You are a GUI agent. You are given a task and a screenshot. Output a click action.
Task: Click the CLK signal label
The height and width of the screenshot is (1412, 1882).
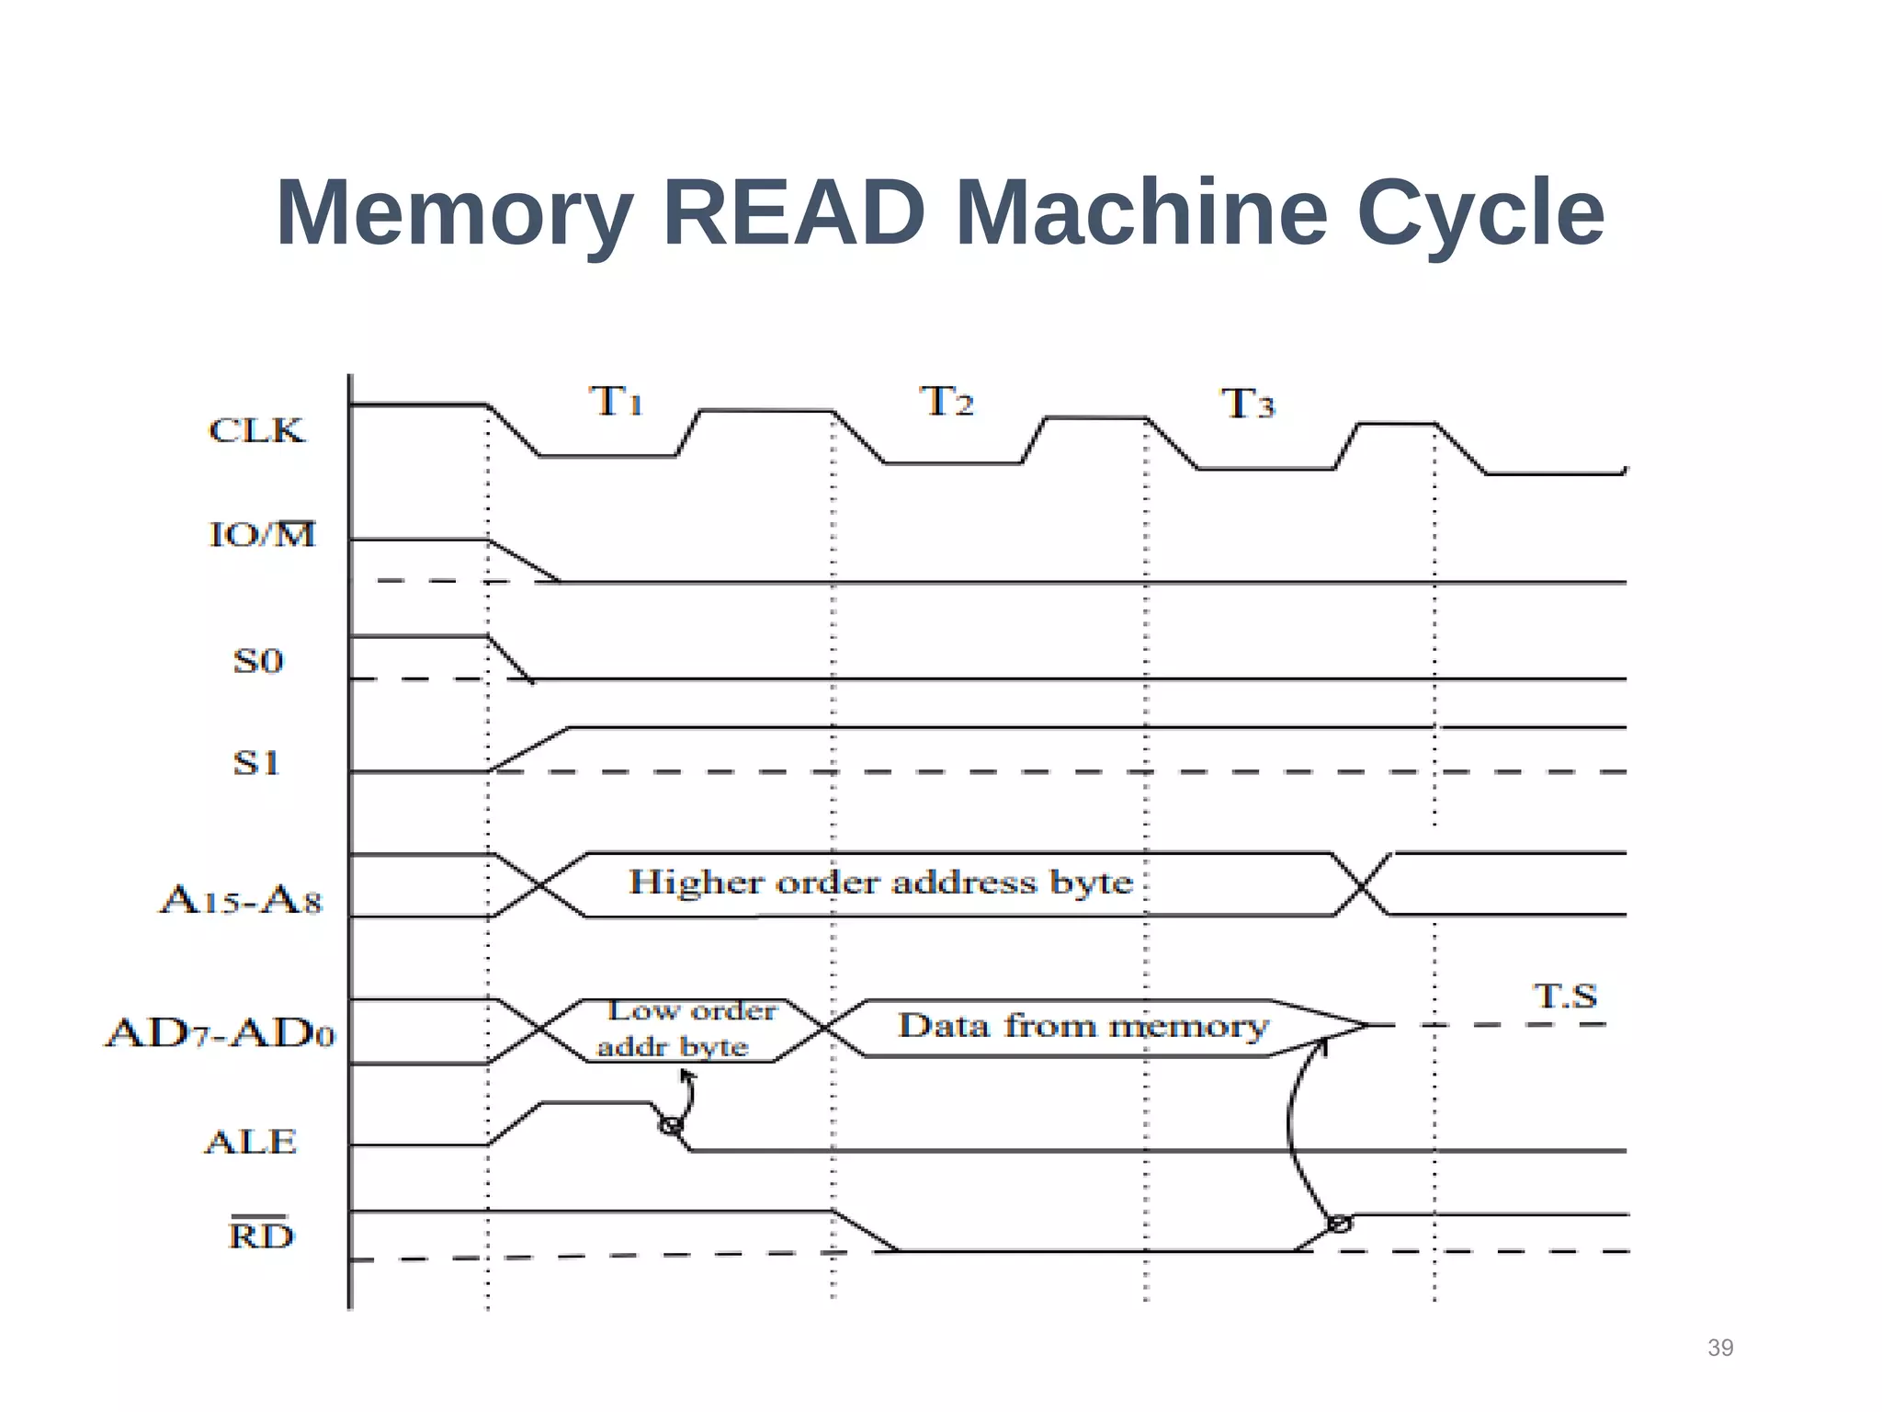click(256, 430)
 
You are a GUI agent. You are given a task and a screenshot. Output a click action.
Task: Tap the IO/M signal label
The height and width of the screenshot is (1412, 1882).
click(263, 534)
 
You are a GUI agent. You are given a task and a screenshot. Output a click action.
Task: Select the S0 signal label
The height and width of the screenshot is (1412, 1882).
click(258, 661)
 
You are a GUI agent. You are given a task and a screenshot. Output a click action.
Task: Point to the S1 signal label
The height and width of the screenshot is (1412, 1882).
click(256, 763)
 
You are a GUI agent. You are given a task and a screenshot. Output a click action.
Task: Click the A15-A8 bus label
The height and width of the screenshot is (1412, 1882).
click(242, 900)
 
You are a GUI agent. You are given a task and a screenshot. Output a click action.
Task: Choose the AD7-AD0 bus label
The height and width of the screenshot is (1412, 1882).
click(221, 1033)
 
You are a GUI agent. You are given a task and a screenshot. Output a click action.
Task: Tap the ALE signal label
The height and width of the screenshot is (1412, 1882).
click(251, 1143)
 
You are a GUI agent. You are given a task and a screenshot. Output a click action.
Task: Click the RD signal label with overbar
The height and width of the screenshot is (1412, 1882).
click(262, 1235)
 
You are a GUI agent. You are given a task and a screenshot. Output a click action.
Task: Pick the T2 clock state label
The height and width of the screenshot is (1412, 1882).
click(947, 402)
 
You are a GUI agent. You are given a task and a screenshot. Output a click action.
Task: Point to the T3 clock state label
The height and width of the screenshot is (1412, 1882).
click(1248, 404)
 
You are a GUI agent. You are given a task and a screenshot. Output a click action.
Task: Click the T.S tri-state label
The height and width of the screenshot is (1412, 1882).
click(1565, 996)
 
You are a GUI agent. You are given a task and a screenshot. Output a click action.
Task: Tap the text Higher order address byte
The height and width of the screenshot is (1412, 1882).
click(880, 882)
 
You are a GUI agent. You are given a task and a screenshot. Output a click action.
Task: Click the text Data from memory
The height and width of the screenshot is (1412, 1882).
click(1083, 1026)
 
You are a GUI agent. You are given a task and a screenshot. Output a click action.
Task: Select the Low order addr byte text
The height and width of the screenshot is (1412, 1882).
click(685, 1029)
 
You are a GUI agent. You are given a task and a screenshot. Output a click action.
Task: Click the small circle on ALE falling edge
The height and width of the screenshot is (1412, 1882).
click(671, 1125)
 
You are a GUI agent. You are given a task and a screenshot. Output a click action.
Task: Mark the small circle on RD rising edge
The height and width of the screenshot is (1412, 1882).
click(1340, 1224)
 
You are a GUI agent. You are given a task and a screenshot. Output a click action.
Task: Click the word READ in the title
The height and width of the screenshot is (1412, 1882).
click(793, 213)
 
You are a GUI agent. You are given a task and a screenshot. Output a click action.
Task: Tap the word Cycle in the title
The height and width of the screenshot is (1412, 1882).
click(1480, 213)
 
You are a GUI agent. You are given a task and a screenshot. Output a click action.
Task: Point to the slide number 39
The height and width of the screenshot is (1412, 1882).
click(1720, 1348)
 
